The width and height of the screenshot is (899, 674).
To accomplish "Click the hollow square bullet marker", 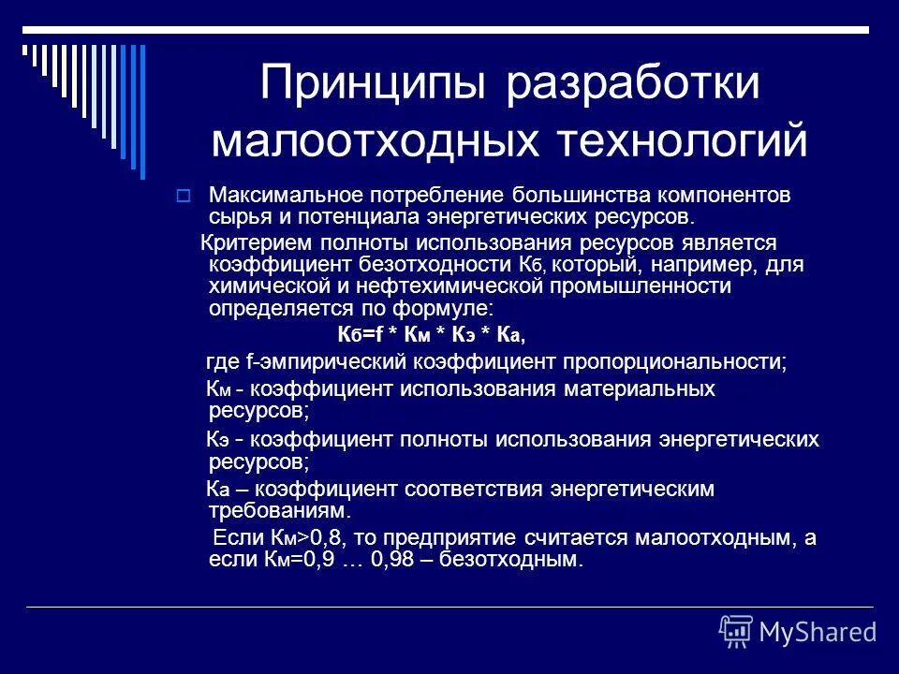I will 184,197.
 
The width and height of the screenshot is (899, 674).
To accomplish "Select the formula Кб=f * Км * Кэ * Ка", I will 431,333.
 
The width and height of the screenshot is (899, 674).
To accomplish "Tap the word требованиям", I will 279,511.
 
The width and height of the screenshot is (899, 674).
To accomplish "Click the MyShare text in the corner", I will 817,631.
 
